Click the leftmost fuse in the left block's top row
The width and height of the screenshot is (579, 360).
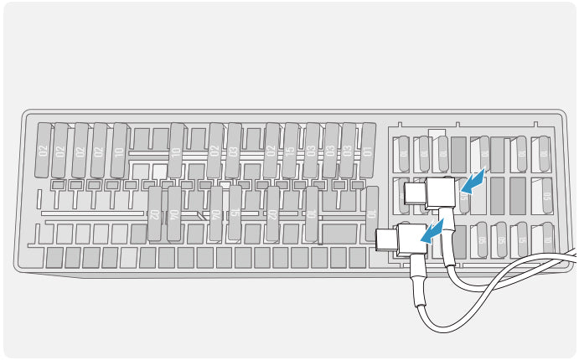(x=42, y=150)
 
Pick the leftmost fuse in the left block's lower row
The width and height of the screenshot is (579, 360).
(x=155, y=213)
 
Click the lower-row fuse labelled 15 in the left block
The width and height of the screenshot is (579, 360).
(x=235, y=213)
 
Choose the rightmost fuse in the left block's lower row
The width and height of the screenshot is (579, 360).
(x=371, y=213)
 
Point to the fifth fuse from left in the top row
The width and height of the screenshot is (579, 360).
(x=119, y=150)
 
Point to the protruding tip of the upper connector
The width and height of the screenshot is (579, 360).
(x=414, y=194)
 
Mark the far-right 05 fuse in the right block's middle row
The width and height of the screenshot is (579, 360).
(x=545, y=197)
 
